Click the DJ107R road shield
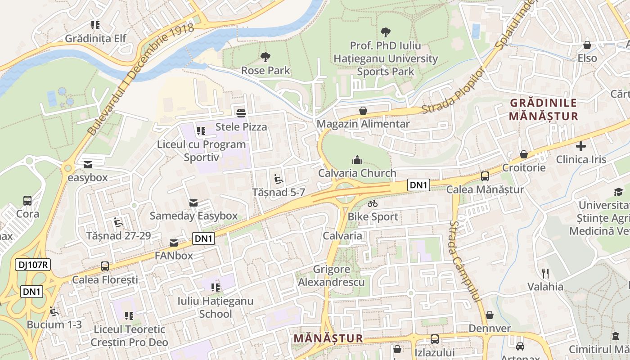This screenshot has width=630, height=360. point(32,265)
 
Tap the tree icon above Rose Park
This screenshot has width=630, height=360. point(265,57)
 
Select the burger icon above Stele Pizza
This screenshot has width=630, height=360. point(241,112)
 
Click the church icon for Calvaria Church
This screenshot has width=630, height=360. point(357,159)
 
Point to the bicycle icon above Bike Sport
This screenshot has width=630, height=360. point(372,203)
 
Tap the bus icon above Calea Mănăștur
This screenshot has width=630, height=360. point(485,176)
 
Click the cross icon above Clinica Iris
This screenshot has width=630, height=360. point(581,146)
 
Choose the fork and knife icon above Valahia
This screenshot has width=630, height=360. point(545,273)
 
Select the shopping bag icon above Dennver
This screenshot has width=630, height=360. point(490,315)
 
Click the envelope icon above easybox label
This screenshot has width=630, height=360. point(87,164)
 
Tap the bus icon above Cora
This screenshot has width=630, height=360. point(27,200)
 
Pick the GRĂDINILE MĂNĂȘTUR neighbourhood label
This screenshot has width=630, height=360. point(543,109)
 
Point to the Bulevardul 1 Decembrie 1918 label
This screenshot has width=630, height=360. point(140,79)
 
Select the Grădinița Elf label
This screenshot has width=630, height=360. point(95,38)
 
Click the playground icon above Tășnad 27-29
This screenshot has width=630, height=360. point(118,222)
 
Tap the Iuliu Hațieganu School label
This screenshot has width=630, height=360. point(215,307)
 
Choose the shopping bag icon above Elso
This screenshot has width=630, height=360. point(587,45)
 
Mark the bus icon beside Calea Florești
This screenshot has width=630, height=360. point(105,266)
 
